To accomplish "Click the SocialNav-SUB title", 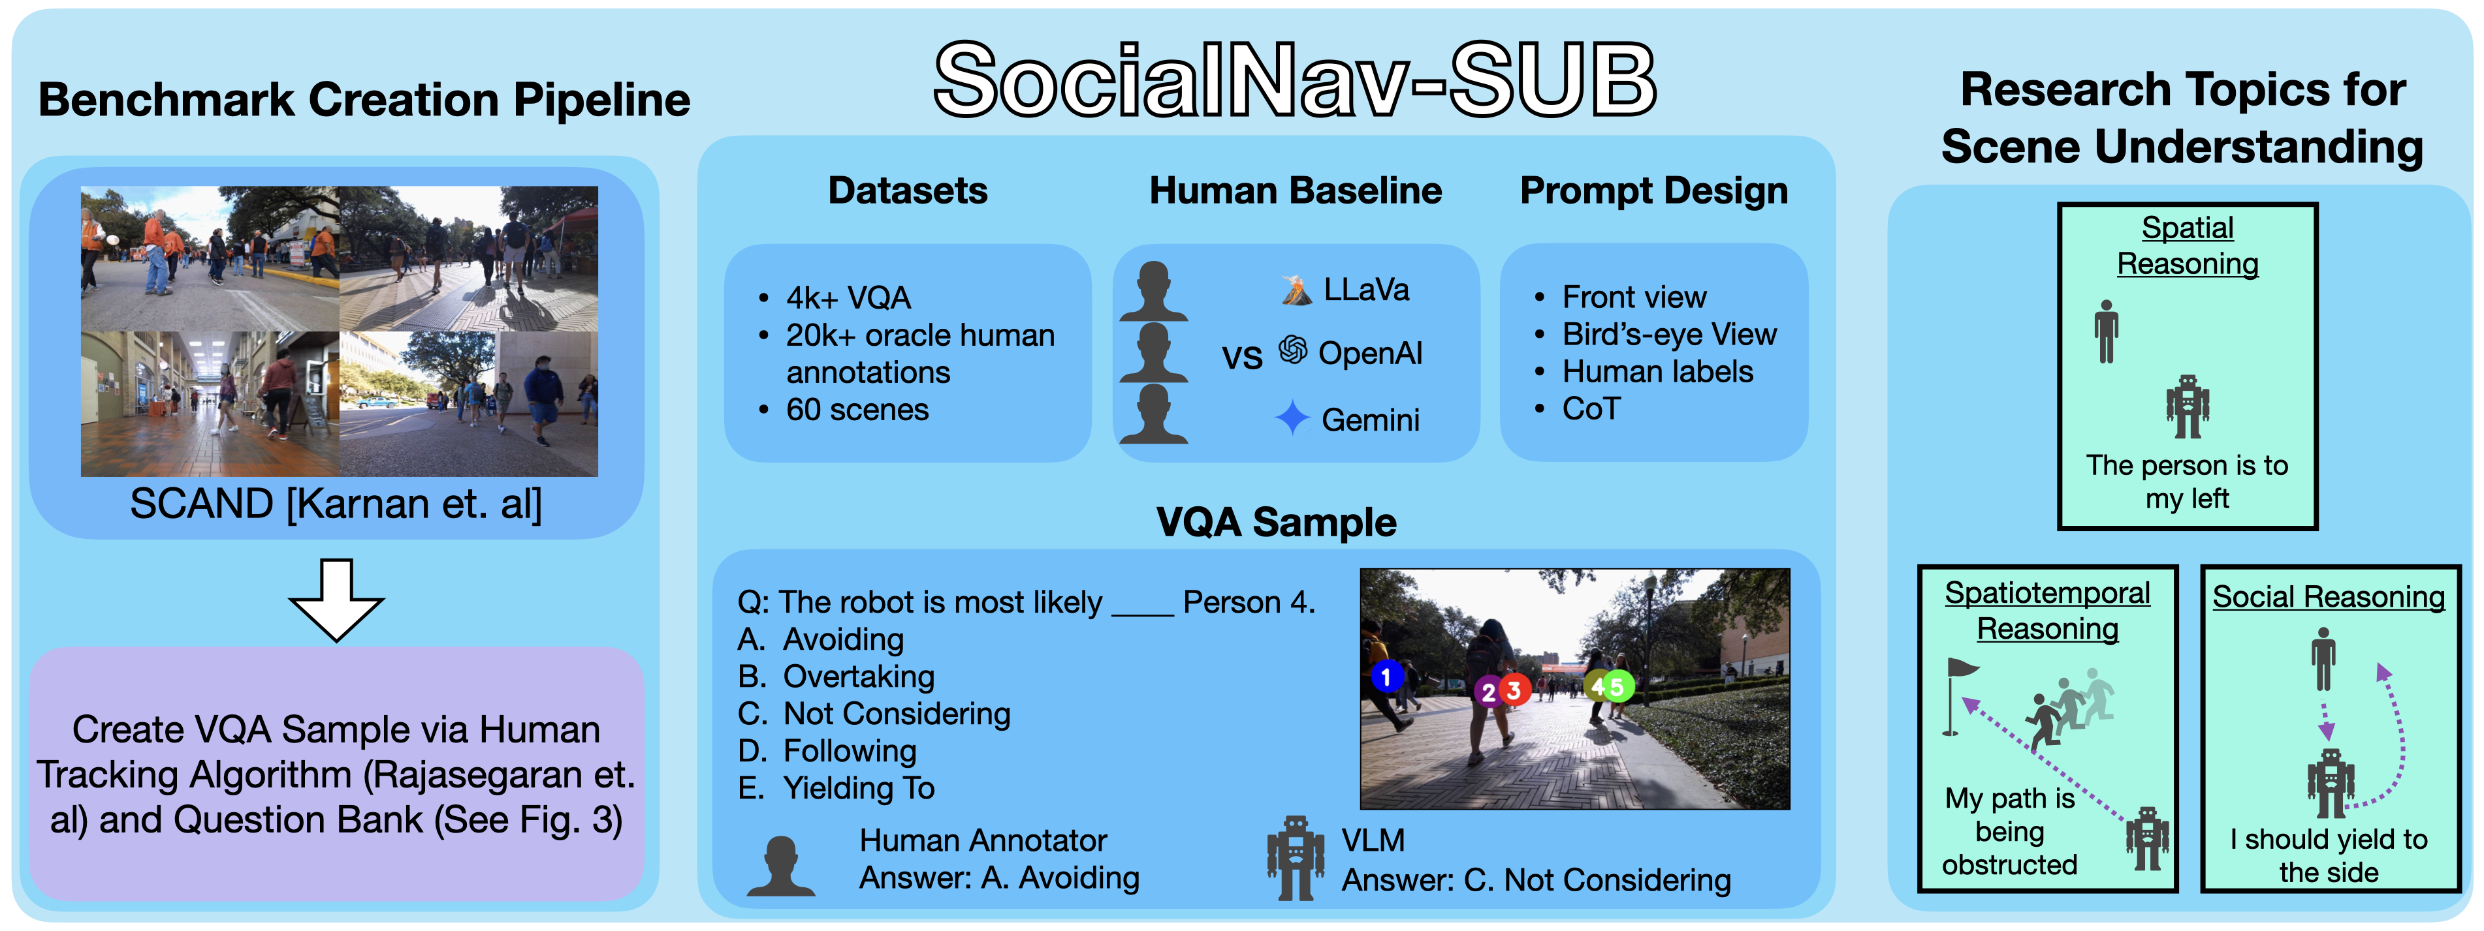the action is [1295, 81].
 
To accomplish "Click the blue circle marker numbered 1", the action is [1387, 677].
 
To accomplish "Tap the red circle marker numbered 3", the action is [1514, 690].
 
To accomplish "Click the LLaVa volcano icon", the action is [1296, 289].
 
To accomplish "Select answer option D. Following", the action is [827, 751].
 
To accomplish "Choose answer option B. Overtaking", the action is [836, 677].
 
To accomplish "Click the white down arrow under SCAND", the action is [336, 600].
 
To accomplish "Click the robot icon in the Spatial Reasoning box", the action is [2187, 406].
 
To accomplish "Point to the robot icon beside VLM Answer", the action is [1294, 858].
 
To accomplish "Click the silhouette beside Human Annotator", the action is [781, 866].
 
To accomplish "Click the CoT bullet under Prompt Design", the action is [1591, 408].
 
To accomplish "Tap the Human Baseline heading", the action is [1295, 191].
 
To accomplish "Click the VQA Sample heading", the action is [1277, 523].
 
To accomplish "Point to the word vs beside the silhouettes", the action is [1242, 358].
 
